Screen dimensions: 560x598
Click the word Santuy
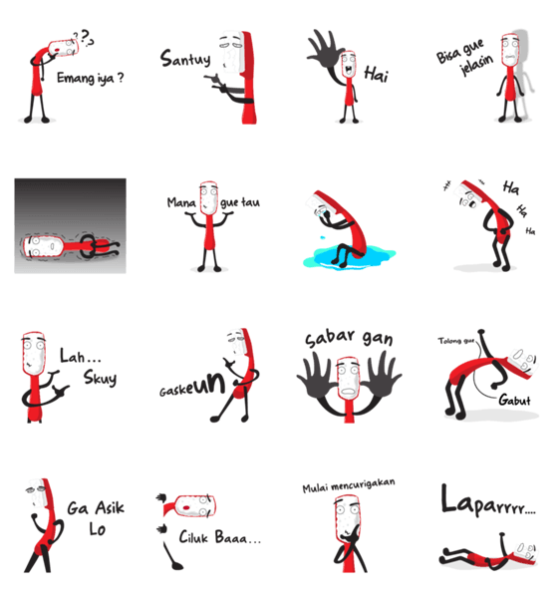click(x=185, y=59)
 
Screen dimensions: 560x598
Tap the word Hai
click(x=376, y=74)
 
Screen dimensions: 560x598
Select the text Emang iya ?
click(x=91, y=78)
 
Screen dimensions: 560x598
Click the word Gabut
click(x=514, y=400)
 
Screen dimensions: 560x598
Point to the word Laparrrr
click(x=488, y=500)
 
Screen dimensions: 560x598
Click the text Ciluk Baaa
click(x=220, y=537)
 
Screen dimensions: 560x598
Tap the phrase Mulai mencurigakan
click(x=349, y=485)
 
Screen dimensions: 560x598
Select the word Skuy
click(x=100, y=378)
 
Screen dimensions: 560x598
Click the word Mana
click(x=181, y=202)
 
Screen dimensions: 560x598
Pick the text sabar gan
click(x=349, y=338)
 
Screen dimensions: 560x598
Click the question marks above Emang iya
click(x=85, y=38)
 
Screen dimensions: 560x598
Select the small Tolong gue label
click(x=455, y=341)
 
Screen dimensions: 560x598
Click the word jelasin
click(x=476, y=65)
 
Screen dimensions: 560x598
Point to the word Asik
click(x=110, y=507)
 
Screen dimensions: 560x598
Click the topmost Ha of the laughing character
click(x=511, y=187)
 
